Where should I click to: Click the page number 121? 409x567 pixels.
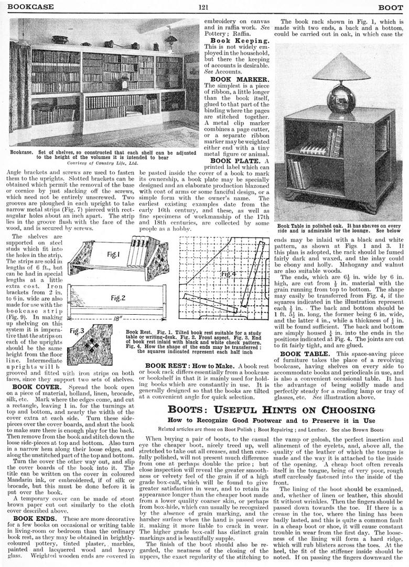(x=204, y=7)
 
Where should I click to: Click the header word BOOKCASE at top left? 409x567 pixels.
(x=26, y=7)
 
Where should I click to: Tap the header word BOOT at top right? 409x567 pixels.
(x=391, y=7)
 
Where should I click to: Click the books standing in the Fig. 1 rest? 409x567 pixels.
(x=138, y=249)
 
